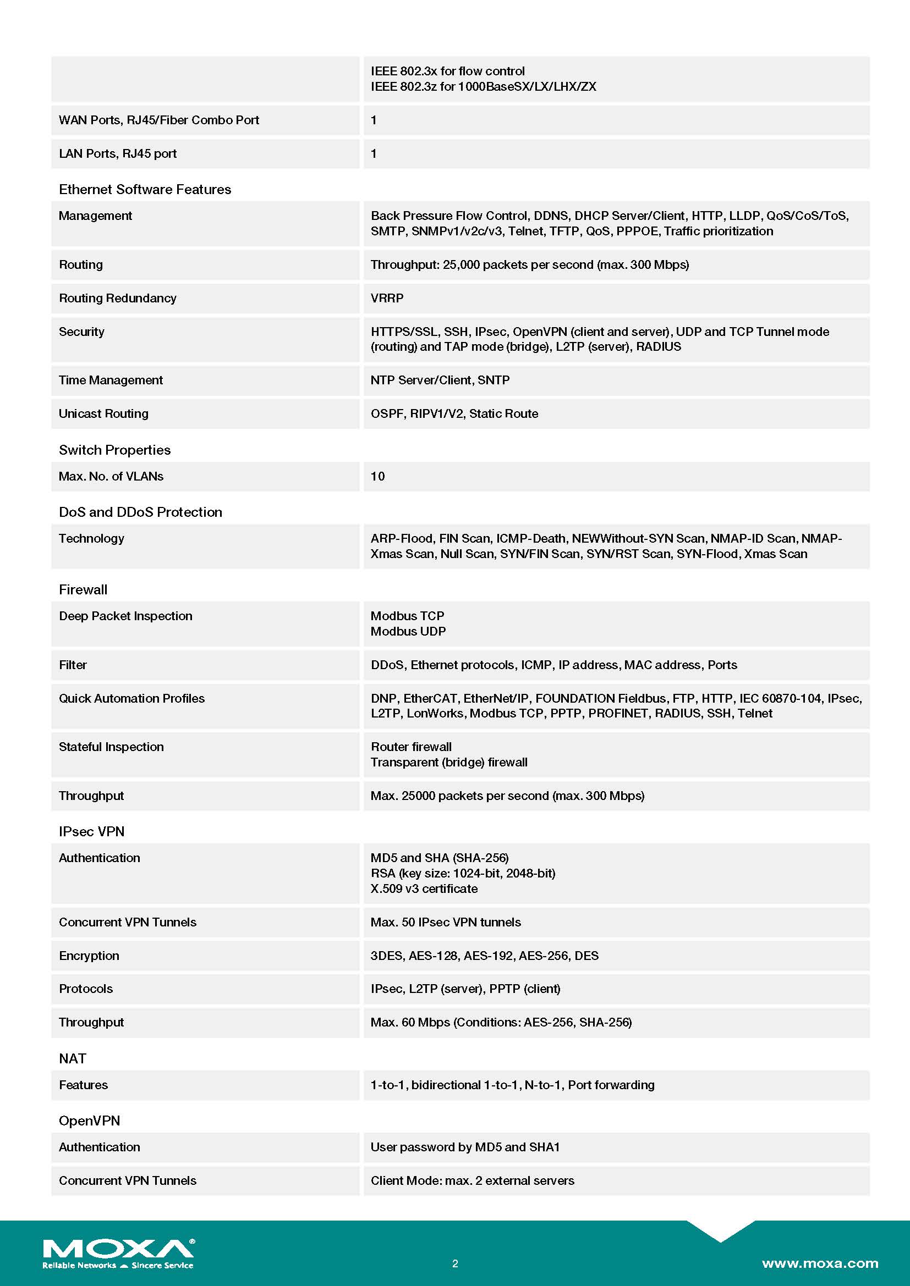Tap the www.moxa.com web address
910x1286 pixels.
[x=820, y=1263]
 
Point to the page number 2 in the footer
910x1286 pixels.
[x=455, y=1263]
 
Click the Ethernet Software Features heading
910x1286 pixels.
[x=145, y=189]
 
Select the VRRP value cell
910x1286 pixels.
[x=387, y=298]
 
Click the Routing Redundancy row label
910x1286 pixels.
[x=118, y=298]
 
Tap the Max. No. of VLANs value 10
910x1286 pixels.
[x=377, y=476]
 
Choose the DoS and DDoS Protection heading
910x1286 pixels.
[x=140, y=512]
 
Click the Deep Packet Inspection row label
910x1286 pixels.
[x=125, y=616]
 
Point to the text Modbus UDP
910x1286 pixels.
[x=408, y=631]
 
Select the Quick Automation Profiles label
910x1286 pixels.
[x=131, y=698]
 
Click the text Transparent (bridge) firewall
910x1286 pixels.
[x=449, y=761]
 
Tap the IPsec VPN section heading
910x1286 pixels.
[x=91, y=831]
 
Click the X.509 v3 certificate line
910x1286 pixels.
[x=424, y=888]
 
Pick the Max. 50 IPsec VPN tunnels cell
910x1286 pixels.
[x=446, y=922]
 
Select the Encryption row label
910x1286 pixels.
[x=89, y=956]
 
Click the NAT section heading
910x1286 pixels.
[x=72, y=1058]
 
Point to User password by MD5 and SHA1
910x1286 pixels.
[x=465, y=1146]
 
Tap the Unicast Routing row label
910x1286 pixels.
[x=103, y=413]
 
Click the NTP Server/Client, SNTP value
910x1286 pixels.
[x=440, y=380]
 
